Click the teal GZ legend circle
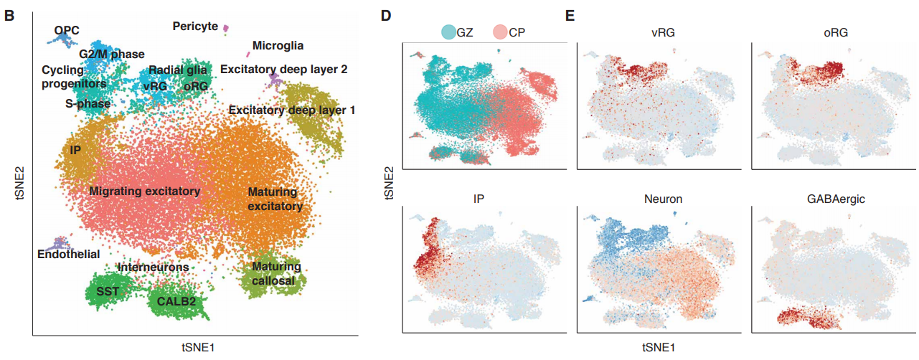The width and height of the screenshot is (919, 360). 448,32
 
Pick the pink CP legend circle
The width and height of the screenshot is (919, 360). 501,32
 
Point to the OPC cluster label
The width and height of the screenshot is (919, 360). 67,30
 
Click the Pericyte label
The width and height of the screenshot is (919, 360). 195,27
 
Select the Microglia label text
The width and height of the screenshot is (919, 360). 278,46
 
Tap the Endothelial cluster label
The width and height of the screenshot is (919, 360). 69,254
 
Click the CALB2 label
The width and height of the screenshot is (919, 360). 176,300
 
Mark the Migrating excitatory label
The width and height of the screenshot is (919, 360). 144,191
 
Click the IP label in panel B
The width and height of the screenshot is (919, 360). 75,151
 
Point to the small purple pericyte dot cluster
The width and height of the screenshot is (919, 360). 225,28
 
